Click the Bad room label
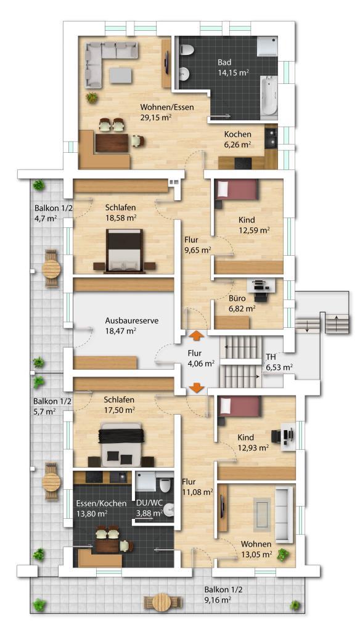tap(225, 62)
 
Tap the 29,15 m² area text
tap(157, 117)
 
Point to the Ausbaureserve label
tap(132, 320)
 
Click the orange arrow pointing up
tap(196, 335)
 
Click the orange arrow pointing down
tap(196, 388)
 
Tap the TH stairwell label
tap(271, 357)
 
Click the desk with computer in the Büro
tap(261, 290)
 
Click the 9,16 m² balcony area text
tap(218, 599)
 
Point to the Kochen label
tap(238, 134)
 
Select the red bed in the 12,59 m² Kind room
tap(236, 189)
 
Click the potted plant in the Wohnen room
tap(283, 555)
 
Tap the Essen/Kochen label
tap(102, 503)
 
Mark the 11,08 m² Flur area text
tap(197, 492)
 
